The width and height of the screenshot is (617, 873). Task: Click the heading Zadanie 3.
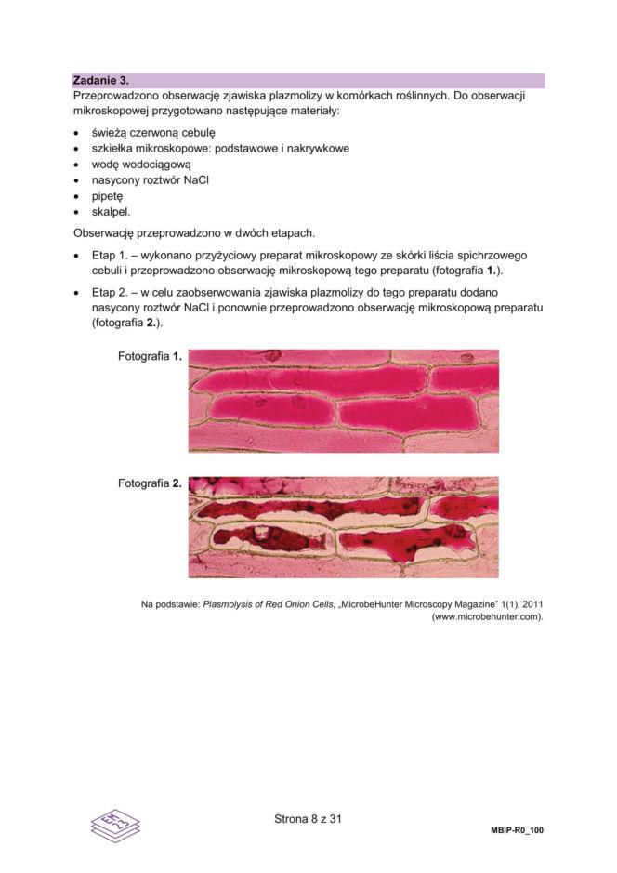point(102,81)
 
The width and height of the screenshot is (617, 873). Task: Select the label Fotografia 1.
point(150,356)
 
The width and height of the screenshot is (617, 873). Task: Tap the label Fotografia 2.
point(150,483)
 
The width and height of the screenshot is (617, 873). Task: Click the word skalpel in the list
point(111,212)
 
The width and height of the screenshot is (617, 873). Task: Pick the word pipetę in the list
point(107,196)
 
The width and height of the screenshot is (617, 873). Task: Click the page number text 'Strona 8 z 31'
point(309,819)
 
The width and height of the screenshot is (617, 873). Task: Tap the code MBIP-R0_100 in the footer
point(517,829)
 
